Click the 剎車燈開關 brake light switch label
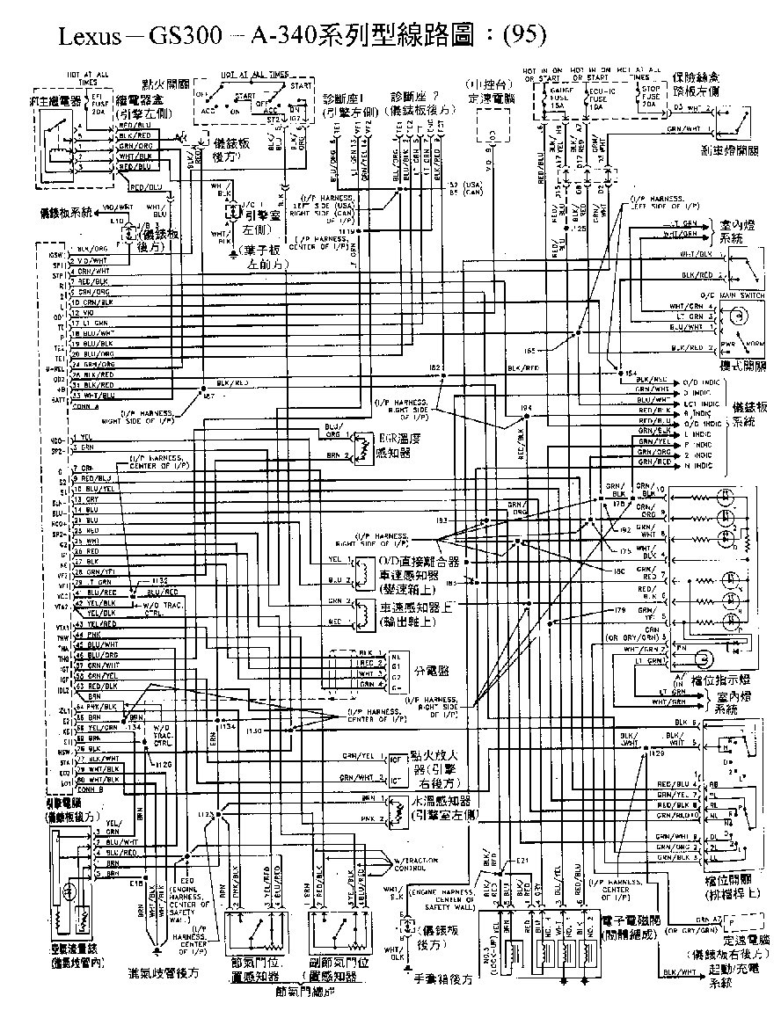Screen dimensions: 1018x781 pyautogui.click(x=729, y=150)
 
